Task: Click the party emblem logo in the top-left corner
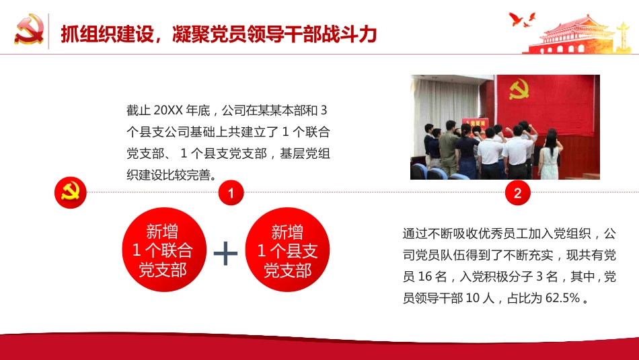pos(29,31)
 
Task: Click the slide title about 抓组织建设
pos(218,34)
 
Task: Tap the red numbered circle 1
pos(230,194)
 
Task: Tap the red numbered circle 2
pos(517,194)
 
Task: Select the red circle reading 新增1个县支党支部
pos(288,251)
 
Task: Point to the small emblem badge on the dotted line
pos(70,193)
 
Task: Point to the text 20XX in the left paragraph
pos(165,110)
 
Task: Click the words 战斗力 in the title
pos(350,34)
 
